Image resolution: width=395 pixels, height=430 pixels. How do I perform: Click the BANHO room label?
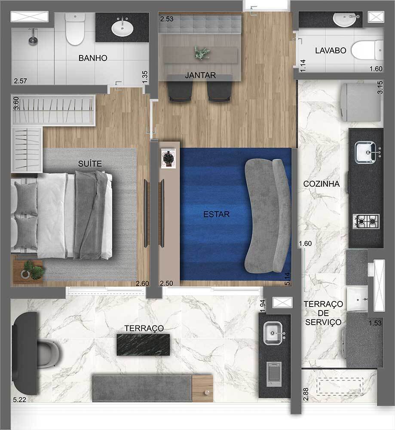[92, 58]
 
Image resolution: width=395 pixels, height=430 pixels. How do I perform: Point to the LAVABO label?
[331, 50]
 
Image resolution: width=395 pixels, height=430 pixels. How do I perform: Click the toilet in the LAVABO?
[367, 49]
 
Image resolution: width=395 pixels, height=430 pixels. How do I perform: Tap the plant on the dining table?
[202, 53]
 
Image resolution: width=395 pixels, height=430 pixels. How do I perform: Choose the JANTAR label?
[200, 76]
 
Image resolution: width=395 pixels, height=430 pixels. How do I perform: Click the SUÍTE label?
[90, 163]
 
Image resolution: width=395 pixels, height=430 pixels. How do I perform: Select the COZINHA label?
[321, 184]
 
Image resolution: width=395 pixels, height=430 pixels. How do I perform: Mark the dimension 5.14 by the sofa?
[287, 275]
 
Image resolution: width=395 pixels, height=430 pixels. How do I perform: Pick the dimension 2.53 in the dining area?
[166, 19]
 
